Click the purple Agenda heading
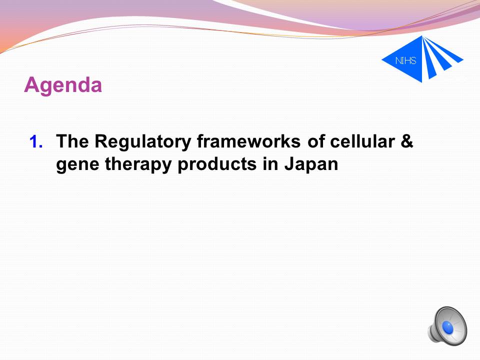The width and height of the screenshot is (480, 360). click(63, 85)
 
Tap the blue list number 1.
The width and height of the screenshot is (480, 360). click(36, 142)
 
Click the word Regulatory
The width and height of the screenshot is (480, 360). click(142, 142)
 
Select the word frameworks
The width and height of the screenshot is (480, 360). click(248, 141)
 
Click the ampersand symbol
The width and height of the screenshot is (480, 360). click(407, 141)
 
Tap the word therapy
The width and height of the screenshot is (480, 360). click(138, 164)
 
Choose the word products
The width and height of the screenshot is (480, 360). click(217, 164)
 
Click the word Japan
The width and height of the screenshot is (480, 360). click(311, 164)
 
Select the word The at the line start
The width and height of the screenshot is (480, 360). click(72, 141)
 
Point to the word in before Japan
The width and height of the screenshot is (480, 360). click(270, 164)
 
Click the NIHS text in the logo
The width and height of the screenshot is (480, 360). click(406, 60)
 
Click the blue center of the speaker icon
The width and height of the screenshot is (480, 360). click(448, 328)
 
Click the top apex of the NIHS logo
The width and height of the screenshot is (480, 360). click(422, 36)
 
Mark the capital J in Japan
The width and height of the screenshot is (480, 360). click(290, 164)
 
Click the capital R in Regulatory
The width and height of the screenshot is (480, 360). click(102, 141)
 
